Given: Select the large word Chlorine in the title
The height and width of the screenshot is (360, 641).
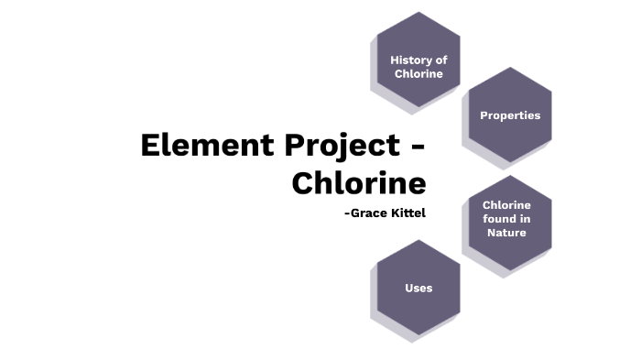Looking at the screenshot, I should click(x=359, y=183).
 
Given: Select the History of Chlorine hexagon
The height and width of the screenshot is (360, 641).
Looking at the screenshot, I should click(x=418, y=60).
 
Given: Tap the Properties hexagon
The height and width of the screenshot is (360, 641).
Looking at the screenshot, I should click(x=510, y=115).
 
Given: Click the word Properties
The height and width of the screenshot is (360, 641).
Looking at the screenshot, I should click(x=510, y=115).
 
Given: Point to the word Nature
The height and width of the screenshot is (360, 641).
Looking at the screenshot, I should click(x=506, y=233).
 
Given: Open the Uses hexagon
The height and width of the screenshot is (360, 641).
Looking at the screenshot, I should click(x=418, y=288).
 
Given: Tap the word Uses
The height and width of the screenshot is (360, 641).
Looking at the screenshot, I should click(x=418, y=288).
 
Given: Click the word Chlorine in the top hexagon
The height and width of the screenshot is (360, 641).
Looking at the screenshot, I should click(x=418, y=73).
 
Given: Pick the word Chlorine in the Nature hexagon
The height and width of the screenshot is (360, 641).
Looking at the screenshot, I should click(x=506, y=205).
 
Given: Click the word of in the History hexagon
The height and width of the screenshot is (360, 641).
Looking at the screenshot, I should click(x=441, y=60).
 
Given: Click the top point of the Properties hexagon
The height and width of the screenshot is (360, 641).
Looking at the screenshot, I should click(x=510, y=68).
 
